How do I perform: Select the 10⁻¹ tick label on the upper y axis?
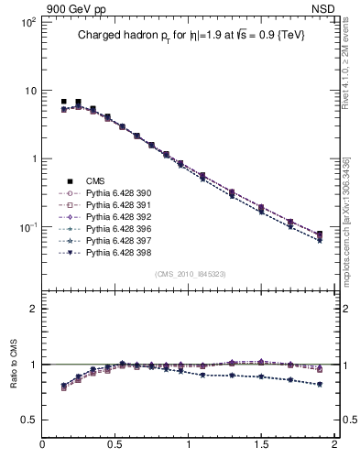(x=26, y=226)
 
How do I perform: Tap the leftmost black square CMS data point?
(x=63, y=102)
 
